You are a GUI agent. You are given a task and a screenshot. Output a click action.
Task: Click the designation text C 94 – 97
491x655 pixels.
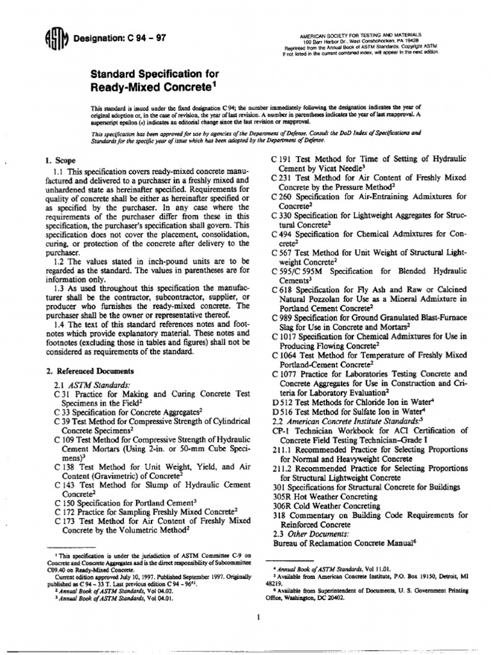[x=119, y=38]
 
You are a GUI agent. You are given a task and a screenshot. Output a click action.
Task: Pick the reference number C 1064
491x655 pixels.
[x=286, y=356]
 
